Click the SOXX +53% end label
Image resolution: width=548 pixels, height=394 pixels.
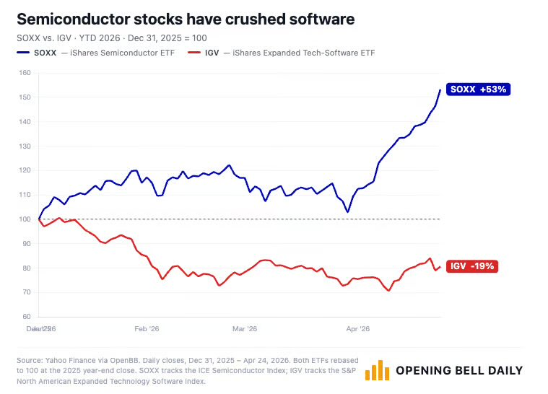click(x=479, y=89)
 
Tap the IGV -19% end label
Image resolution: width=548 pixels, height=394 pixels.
click(x=473, y=266)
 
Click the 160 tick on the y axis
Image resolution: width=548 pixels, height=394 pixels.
click(x=25, y=73)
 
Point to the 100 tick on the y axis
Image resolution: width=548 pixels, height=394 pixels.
click(x=25, y=219)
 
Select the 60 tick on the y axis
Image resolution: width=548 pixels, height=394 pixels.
click(x=27, y=317)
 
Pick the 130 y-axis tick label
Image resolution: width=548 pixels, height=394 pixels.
click(x=25, y=146)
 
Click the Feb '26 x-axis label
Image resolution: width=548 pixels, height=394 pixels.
click(x=147, y=328)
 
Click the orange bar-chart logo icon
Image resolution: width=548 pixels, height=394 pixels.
click(x=378, y=371)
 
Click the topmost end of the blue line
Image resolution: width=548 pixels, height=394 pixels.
click(x=440, y=89)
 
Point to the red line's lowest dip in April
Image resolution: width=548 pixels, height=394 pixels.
click(x=389, y=291)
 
